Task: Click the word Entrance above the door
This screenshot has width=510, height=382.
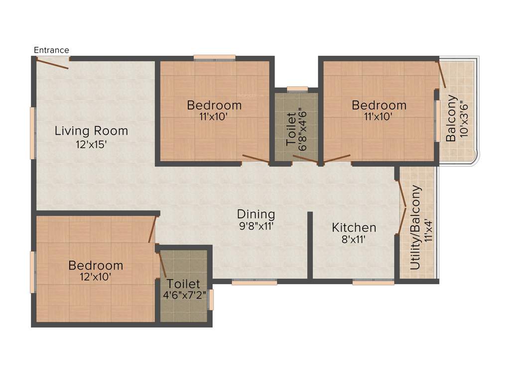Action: (x=51, y=50)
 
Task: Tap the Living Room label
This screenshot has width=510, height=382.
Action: (x=91, y=131)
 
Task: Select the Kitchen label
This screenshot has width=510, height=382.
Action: (x=354, y=228)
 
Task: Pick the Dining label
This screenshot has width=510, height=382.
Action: (x=256, y=214)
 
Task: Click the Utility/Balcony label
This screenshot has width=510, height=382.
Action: (x=416, y=228)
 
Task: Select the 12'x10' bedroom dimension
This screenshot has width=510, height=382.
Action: (x=96, y=278)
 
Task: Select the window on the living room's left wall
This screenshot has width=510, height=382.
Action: (x=33, y=133)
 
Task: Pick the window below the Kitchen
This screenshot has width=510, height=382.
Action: (x=374, y=282)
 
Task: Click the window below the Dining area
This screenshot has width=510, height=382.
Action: (x=254, y=282)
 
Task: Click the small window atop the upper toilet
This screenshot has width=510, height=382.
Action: (x=297, y=89)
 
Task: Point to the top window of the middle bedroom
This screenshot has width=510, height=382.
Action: (x=215, y=57)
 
